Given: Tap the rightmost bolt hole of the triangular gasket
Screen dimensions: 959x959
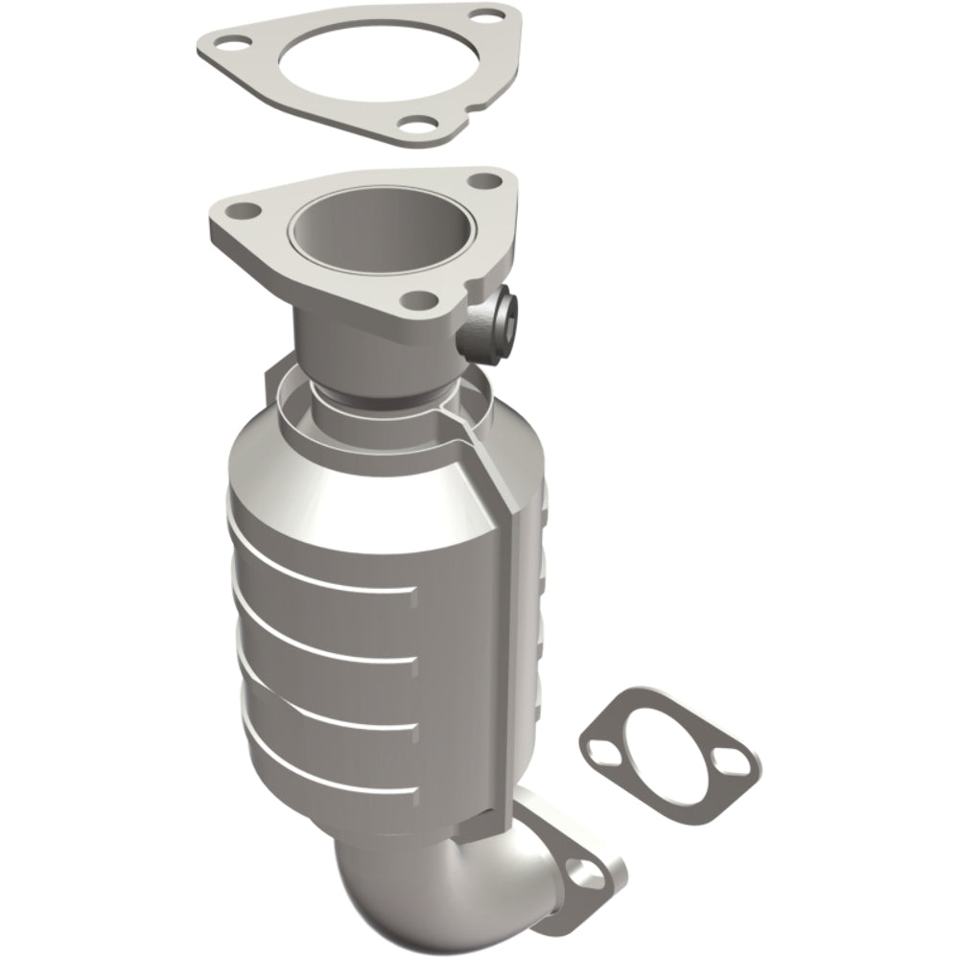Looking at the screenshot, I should pos(492,17).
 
